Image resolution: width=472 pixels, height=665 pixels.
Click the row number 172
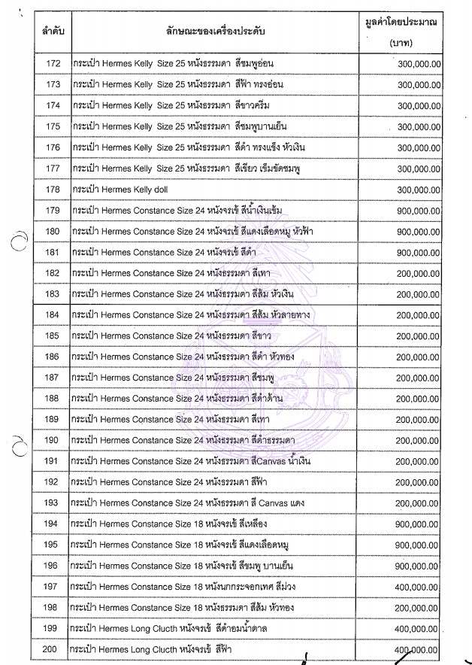pyautogui.click(x=53, y=64)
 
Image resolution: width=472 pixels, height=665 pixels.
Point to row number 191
pyautogui.click(x=53, y=460)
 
